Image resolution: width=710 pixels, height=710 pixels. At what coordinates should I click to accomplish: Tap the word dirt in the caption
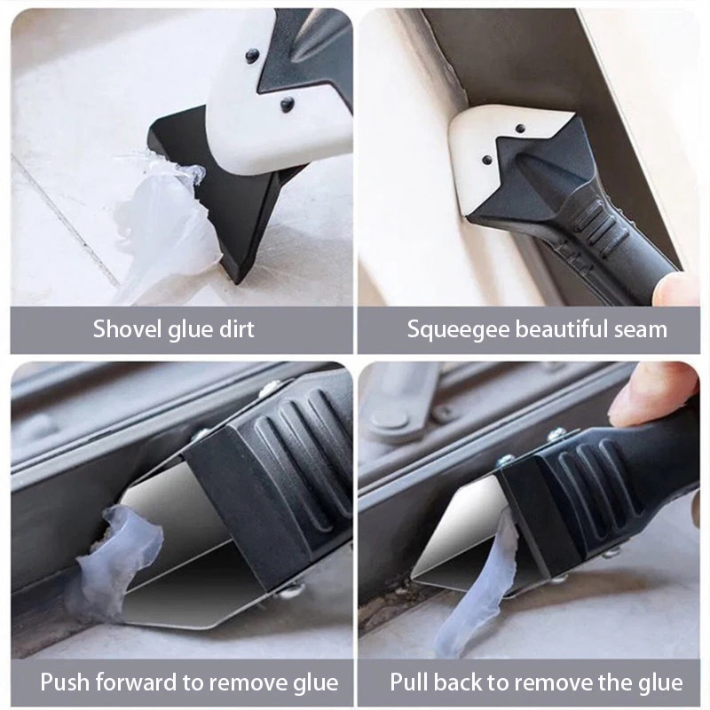[x=232, y=329]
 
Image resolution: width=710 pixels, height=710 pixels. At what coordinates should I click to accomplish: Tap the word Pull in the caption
[x=410, y=682]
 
